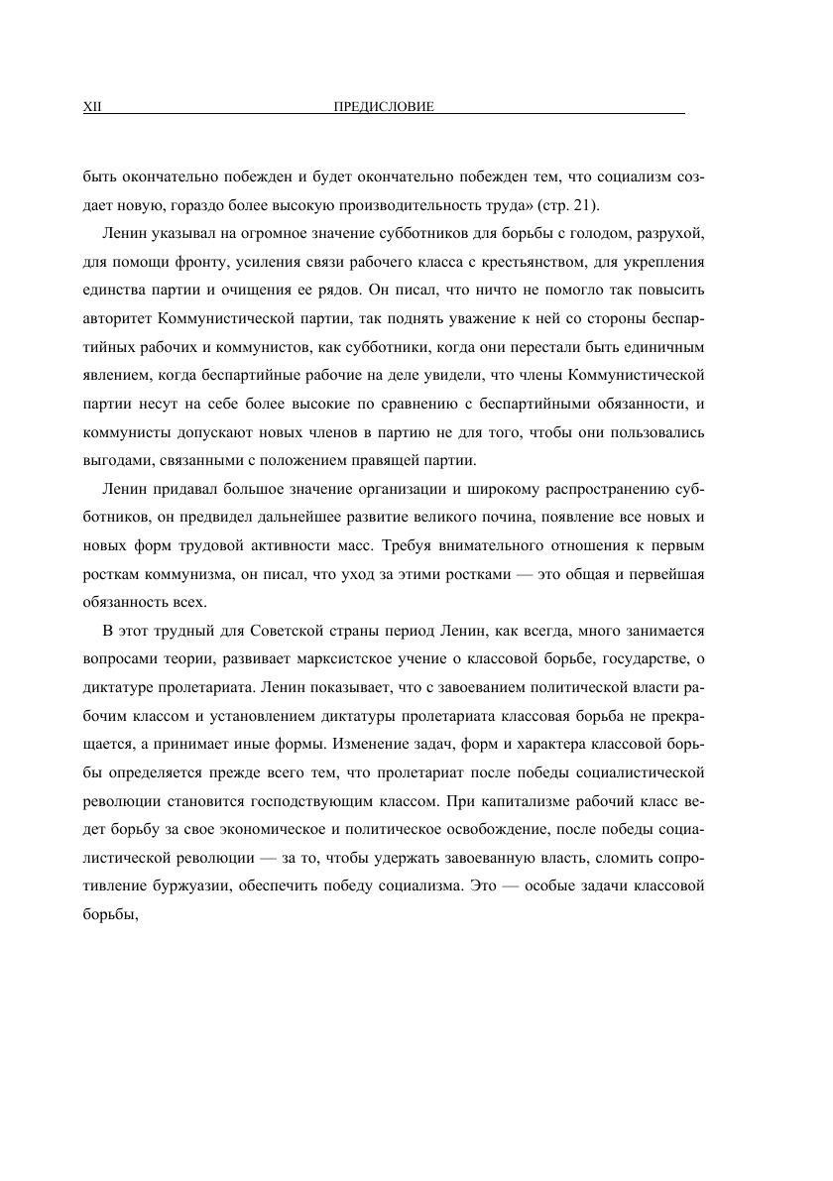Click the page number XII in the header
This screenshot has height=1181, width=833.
point(90,107)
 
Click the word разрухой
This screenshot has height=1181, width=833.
point(673,234)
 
